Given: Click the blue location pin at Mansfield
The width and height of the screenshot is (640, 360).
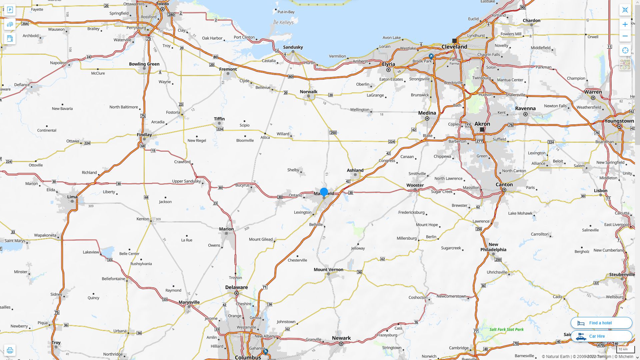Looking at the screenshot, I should (324, 192).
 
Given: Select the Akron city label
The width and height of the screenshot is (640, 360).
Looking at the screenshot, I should (482, 124).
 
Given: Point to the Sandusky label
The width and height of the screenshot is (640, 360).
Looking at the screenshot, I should (293, 47).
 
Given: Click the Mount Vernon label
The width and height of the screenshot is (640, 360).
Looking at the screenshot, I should (328, 270).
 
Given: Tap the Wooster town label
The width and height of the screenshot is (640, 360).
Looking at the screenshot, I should (415, 185).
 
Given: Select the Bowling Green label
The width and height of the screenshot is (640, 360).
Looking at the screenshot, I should (144, 64).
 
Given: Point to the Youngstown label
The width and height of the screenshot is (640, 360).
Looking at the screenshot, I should (619, 121).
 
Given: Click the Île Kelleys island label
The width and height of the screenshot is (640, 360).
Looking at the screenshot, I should (283, 23).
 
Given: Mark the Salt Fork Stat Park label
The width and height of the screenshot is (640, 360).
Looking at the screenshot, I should (506, 329).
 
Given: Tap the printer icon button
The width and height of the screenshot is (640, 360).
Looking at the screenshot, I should (10, 350).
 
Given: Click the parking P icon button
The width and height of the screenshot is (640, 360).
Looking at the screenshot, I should (10, 10).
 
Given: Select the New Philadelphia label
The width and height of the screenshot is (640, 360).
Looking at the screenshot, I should (493, 247).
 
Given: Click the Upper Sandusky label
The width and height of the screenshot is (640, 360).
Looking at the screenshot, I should (186, 181).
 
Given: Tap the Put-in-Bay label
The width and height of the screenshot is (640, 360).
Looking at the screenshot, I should (286, 12).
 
